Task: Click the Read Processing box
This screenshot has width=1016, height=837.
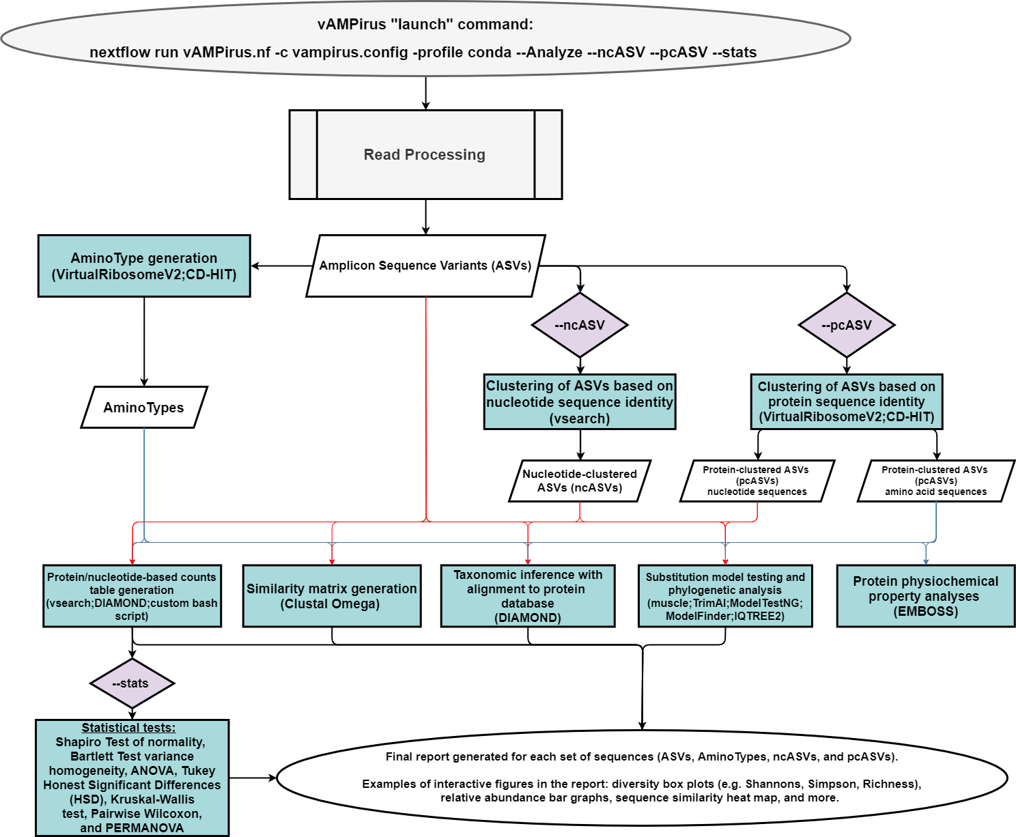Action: click(425, 155)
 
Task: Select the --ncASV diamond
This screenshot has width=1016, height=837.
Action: click(580, 325)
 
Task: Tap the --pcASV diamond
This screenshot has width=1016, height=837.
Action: click(846, 325)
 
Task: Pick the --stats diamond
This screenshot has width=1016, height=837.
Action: click(132, 683)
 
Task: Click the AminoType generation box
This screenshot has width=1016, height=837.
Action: click(144, 266)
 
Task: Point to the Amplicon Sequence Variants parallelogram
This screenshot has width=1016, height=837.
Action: click(425, 266)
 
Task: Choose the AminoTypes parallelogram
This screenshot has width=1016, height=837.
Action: click(143, 408)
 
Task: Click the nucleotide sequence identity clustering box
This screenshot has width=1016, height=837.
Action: click(580, 402)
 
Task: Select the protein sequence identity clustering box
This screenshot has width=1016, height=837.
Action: click(846, 402)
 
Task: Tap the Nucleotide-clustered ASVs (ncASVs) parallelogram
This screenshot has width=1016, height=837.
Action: click(580, 481)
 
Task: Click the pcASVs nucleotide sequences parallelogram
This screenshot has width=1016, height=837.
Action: click(757, 481)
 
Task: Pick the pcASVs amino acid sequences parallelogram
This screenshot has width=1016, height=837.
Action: click(935, 481)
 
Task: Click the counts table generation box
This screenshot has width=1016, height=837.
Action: click(132, 596)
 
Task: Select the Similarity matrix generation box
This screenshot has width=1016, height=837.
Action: click(332, 596)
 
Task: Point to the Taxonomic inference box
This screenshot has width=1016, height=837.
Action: click(528, 596)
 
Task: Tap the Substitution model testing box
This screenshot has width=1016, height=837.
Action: click(725, 596)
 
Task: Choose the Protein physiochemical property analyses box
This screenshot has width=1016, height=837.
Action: click(925, 596)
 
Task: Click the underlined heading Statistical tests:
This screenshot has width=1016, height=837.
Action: click(128, 728)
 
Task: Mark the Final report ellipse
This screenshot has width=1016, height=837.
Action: click(641, 777)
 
